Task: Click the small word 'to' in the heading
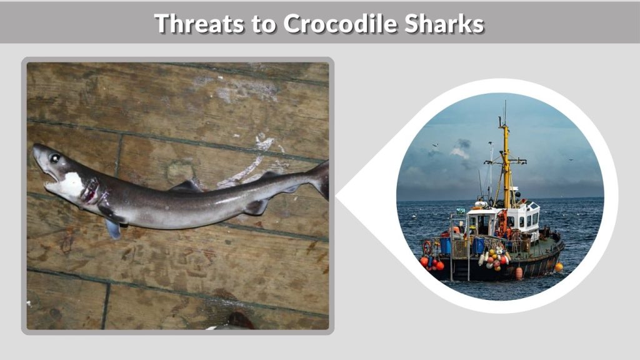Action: [x=261, y=25]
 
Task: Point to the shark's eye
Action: [x=54, y=159]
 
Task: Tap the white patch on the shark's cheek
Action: [x=72, y=185]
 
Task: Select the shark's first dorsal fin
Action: [x=187, y=186]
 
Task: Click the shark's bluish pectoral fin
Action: [x=113, y=229]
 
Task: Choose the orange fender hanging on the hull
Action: [x=519, y=272]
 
